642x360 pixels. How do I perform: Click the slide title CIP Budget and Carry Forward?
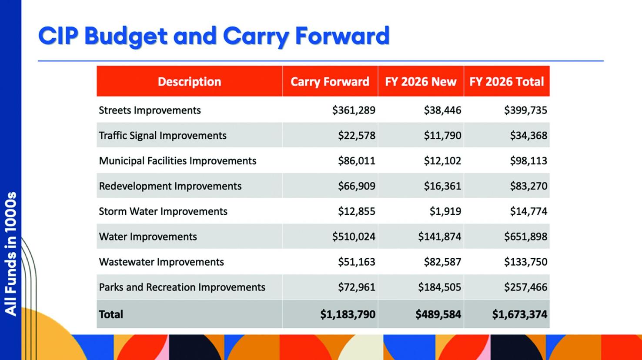pyautogui.click(x=214, y=36)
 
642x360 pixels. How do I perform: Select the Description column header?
pyautogui.click(x=189, y=82)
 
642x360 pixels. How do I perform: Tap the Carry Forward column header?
pyautogui.click(x=330, y=82)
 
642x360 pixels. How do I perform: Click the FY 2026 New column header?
pyautogui.click(x=421, y=82)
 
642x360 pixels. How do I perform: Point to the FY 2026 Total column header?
pyautogui.click(x=506, y=82)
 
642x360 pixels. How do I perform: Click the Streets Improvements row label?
pyautogui.click(x=150, y=110)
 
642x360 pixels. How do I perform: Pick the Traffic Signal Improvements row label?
pyautogui.click(x=163, y=136)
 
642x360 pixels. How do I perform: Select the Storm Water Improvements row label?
pyautogui.click(x=163, y=211)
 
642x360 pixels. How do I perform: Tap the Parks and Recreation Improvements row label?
pyautogui.click(x=182, y=287)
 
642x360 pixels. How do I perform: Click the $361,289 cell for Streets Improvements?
pyautogui.click(x=354, y=110)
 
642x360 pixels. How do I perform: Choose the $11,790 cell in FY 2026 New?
pyautogui.click(x=442, y=136)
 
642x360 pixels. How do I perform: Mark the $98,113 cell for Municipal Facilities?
pyautogui.click(x=528, y=161)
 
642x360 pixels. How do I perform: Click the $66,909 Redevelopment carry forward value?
pyautogui.click(x=356, y=186)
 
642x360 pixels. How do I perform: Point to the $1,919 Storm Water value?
pyautogui.click(x=445, y=211)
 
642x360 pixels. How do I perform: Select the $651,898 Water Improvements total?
pyautogui.click(x=525, y=237)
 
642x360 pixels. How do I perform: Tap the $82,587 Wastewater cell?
pyautogui.click(x=442, y=262)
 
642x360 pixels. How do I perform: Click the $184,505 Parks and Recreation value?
pyautogui.click(x=439, y=287)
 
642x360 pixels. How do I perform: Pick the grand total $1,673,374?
pyautogui.click(x=519, y=314)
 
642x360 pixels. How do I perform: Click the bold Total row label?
pyautogui.click(x=111, y=314)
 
